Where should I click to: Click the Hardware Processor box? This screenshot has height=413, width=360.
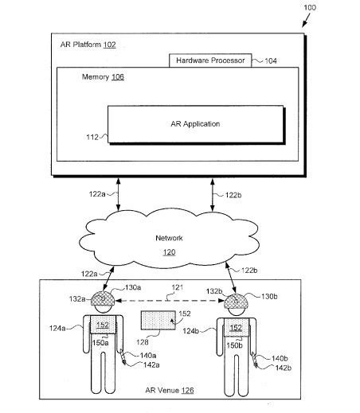click(x=210, y=60)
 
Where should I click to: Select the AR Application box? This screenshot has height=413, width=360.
click(x=196, y=124)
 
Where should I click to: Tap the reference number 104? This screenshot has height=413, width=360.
click(x=271, y=61)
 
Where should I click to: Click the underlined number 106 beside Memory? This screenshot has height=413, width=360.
click(x=118, y=77)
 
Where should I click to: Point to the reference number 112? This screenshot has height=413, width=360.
click(x=92, y=137)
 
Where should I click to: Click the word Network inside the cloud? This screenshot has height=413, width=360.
click(x=169, y=238)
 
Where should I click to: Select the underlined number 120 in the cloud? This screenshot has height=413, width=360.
click(x=169, y=252)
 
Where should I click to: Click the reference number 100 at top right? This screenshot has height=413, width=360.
click(x=310, y=7)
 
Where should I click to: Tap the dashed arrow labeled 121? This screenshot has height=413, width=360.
click(x=170, y=301)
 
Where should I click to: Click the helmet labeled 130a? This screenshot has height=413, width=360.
click(x=103, y=298)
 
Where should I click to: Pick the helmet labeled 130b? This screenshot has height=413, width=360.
click(x=236, y=302)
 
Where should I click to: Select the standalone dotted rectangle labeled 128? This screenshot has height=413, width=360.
click(x=158, y=321)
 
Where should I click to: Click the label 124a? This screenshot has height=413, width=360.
click(x=57, y=329)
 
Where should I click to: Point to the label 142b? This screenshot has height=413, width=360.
click(x=284, y=368)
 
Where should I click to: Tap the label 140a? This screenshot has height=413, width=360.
click(x=148, y=356)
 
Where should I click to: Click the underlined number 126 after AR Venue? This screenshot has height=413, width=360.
click(x=187, y=391)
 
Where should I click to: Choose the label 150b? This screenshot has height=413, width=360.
click(x=234, y=345)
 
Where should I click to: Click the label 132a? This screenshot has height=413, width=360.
click(x=77, y=299)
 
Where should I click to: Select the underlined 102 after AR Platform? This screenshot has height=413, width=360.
click(x=109, y=45)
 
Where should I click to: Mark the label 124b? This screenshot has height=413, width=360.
click(x=191, y=331)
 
